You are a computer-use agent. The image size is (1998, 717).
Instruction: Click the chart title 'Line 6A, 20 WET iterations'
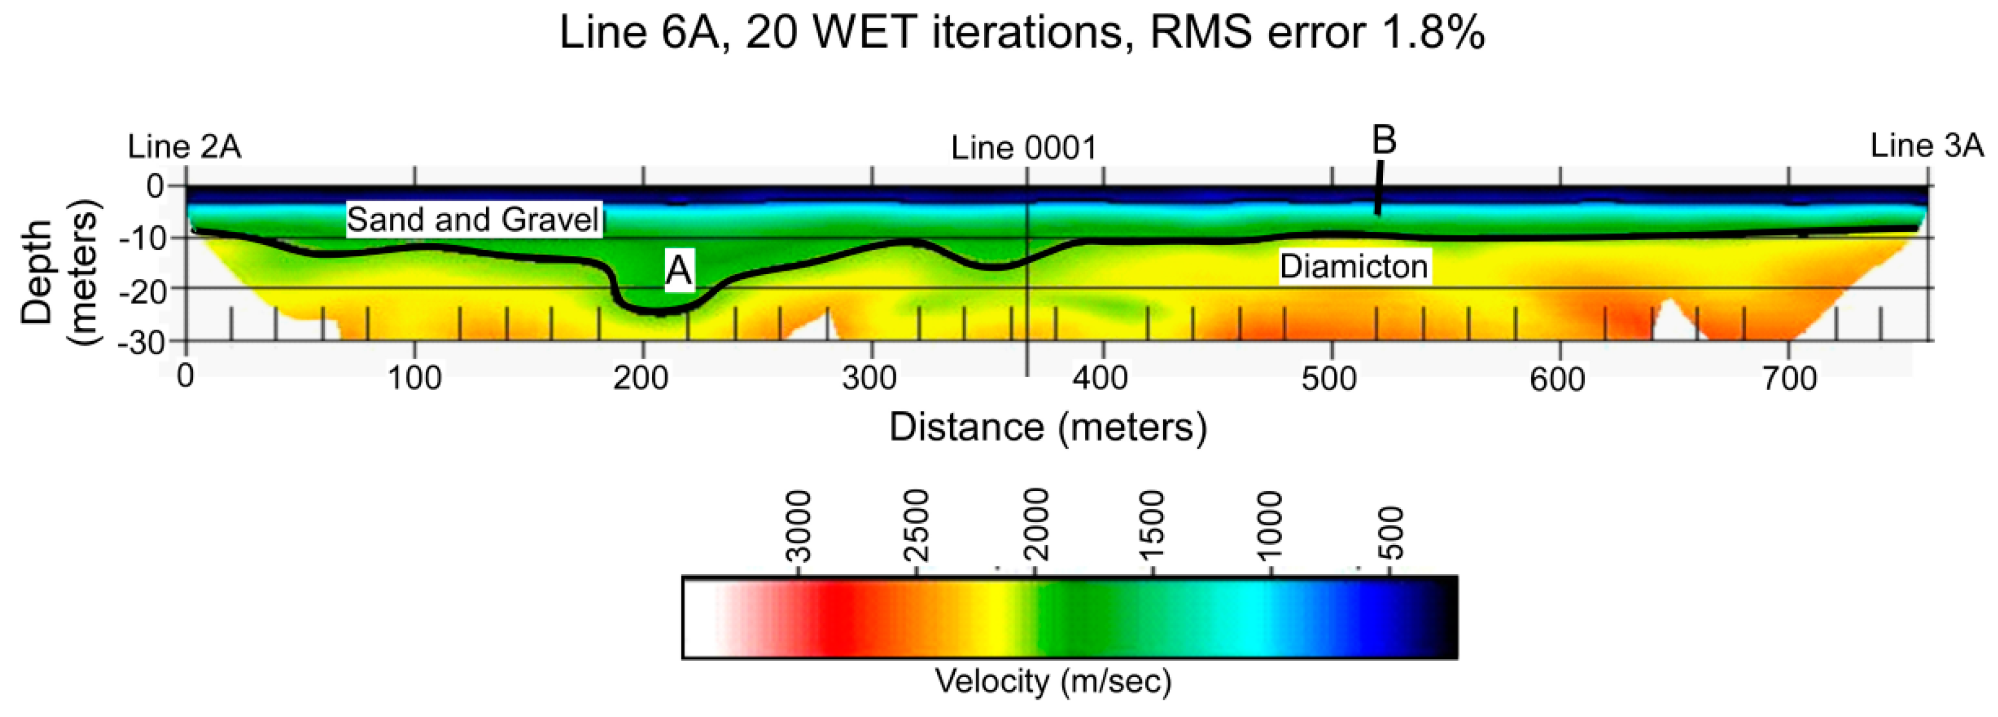(x=1020, y=33)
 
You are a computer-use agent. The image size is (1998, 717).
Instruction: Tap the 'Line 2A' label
(x=184, y=146)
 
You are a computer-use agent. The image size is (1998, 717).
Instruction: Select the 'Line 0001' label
(x=1024, y=148)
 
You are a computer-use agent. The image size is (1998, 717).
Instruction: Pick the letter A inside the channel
(x=679, y=271)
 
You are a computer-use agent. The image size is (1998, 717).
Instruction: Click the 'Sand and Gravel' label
(x=473, y=220)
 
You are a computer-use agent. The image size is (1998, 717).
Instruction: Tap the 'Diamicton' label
(x=1354, y=266)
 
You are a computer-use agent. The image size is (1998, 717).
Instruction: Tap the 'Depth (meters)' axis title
(x=60, y=272)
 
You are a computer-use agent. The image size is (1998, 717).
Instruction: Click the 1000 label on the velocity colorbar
(x=1270, y=526)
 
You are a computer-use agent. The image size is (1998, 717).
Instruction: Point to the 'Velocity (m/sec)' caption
(x=1053, y=681)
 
